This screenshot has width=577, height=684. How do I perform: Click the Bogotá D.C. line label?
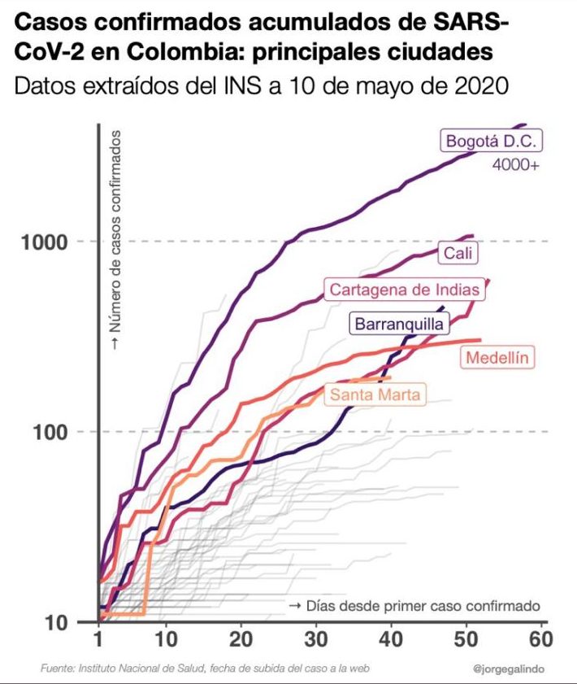coord(491,141)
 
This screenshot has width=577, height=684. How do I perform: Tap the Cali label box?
coord(458,254)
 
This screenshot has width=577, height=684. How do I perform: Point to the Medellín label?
coord(498,357)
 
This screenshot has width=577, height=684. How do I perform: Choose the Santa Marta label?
coord(375,395)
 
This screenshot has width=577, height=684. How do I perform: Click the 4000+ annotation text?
coord(517,164)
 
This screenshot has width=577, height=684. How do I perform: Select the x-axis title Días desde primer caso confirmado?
coord(414,606)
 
